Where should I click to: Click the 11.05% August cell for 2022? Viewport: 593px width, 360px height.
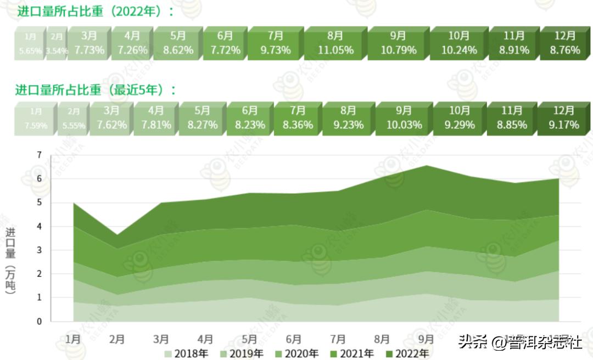335,43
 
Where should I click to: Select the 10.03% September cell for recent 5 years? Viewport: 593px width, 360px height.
404,118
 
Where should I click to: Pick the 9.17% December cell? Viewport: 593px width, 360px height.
563,118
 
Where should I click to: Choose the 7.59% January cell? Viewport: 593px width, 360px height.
36,119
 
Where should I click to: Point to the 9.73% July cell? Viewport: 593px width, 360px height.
275,43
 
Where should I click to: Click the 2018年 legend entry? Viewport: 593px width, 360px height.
187,353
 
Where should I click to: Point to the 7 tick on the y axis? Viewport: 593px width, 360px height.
39,155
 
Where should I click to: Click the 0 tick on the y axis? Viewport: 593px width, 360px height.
39,322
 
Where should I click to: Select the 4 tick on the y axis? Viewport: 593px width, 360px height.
39,227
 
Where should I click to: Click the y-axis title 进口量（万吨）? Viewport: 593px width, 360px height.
10,261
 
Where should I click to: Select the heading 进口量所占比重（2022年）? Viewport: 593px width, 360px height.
94,12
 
